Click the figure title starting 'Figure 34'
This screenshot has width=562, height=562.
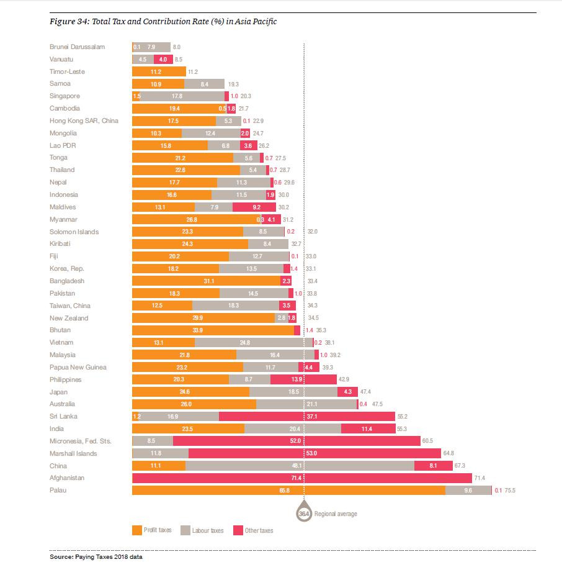pos(163,22)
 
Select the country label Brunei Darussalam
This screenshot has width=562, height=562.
pos(77,47)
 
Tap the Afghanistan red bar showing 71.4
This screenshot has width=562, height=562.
pos(302,478)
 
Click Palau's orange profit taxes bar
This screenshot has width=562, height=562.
pos(288,491)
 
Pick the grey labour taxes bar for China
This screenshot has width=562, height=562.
pos(300,466)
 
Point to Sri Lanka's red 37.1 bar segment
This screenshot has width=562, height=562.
pos(307,417)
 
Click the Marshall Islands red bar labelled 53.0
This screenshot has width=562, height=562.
pos(314,453)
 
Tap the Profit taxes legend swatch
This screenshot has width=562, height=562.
pos(137,530)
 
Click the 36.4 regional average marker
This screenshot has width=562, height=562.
pos(304,514)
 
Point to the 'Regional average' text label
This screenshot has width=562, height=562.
pos(336,514)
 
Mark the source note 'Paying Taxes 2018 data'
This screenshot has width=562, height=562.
pos(96,557)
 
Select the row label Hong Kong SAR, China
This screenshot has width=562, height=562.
pos(83,120)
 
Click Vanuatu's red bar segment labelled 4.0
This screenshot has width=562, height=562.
pos(163,59)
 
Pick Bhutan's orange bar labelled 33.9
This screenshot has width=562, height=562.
pos(213,330)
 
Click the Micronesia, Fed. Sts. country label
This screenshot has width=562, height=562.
pos(80,441)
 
